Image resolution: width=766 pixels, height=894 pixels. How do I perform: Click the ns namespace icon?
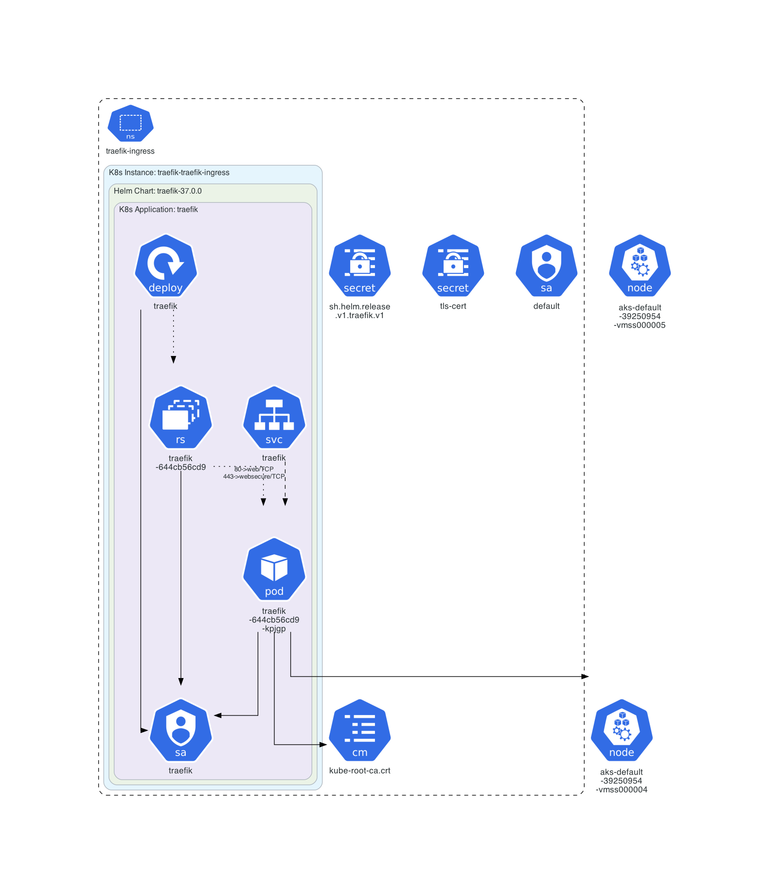[x=130, y=124]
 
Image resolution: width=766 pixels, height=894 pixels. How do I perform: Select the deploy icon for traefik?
[x=166, y=266]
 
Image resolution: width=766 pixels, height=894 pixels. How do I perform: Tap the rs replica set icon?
[x=180, y=418]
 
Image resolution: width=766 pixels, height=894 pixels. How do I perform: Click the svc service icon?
[x=274, y=418]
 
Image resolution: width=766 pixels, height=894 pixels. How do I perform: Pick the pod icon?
[x=274, y=570]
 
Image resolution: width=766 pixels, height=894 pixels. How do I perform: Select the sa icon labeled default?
[x=546, y=266]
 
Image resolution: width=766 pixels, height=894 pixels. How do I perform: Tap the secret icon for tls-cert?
[x=453, y=266]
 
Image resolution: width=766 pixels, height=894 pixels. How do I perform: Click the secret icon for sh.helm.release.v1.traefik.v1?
[x=359, y=266]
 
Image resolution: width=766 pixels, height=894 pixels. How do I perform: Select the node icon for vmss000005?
[x=640, y=266]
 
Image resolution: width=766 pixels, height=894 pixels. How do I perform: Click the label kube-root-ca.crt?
[x=359, y=770]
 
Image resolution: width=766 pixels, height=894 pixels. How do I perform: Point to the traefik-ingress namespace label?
[x=130, y=151]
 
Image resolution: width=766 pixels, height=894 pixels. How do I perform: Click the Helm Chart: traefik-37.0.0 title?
[x=158, y=191]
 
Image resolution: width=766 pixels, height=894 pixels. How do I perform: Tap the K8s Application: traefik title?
[x=159, y=210]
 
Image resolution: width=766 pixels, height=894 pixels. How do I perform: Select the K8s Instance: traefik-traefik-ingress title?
[x=169, y=173]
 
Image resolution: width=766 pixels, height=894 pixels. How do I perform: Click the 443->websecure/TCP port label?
[x=254, y=477]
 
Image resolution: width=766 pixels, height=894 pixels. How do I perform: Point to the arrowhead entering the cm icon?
[x=323, y=745]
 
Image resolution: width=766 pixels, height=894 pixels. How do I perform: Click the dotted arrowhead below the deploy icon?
[x=173, y=360]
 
